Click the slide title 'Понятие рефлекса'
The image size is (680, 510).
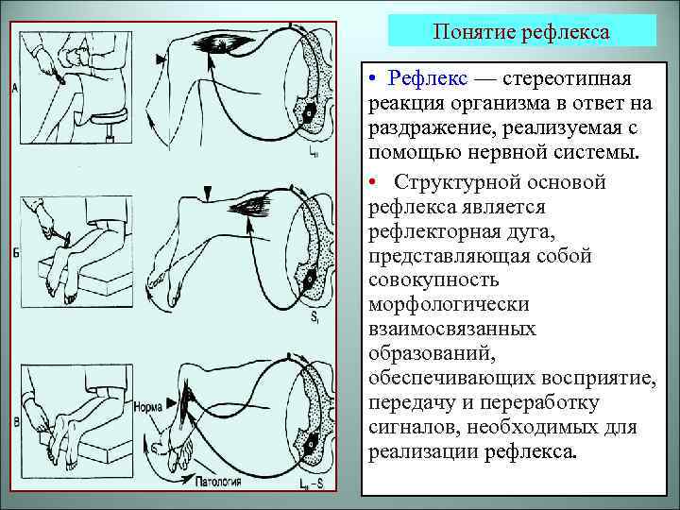pos(521,32)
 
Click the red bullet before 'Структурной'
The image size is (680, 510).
pos(374,180)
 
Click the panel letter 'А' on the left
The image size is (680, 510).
pos(15,90)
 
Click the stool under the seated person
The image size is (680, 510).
pos(104,122)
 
